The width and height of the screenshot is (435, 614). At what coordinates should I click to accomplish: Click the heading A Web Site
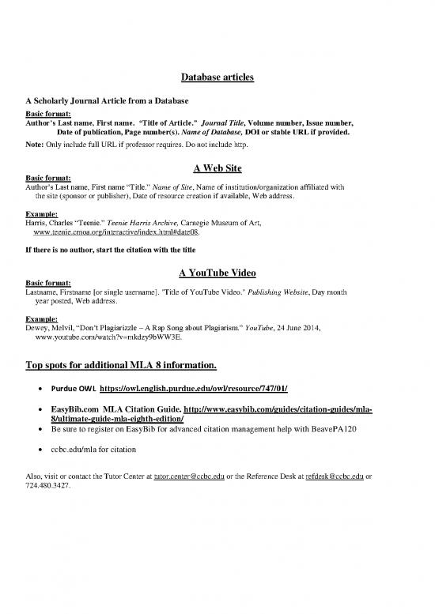[x=217, y=168]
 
